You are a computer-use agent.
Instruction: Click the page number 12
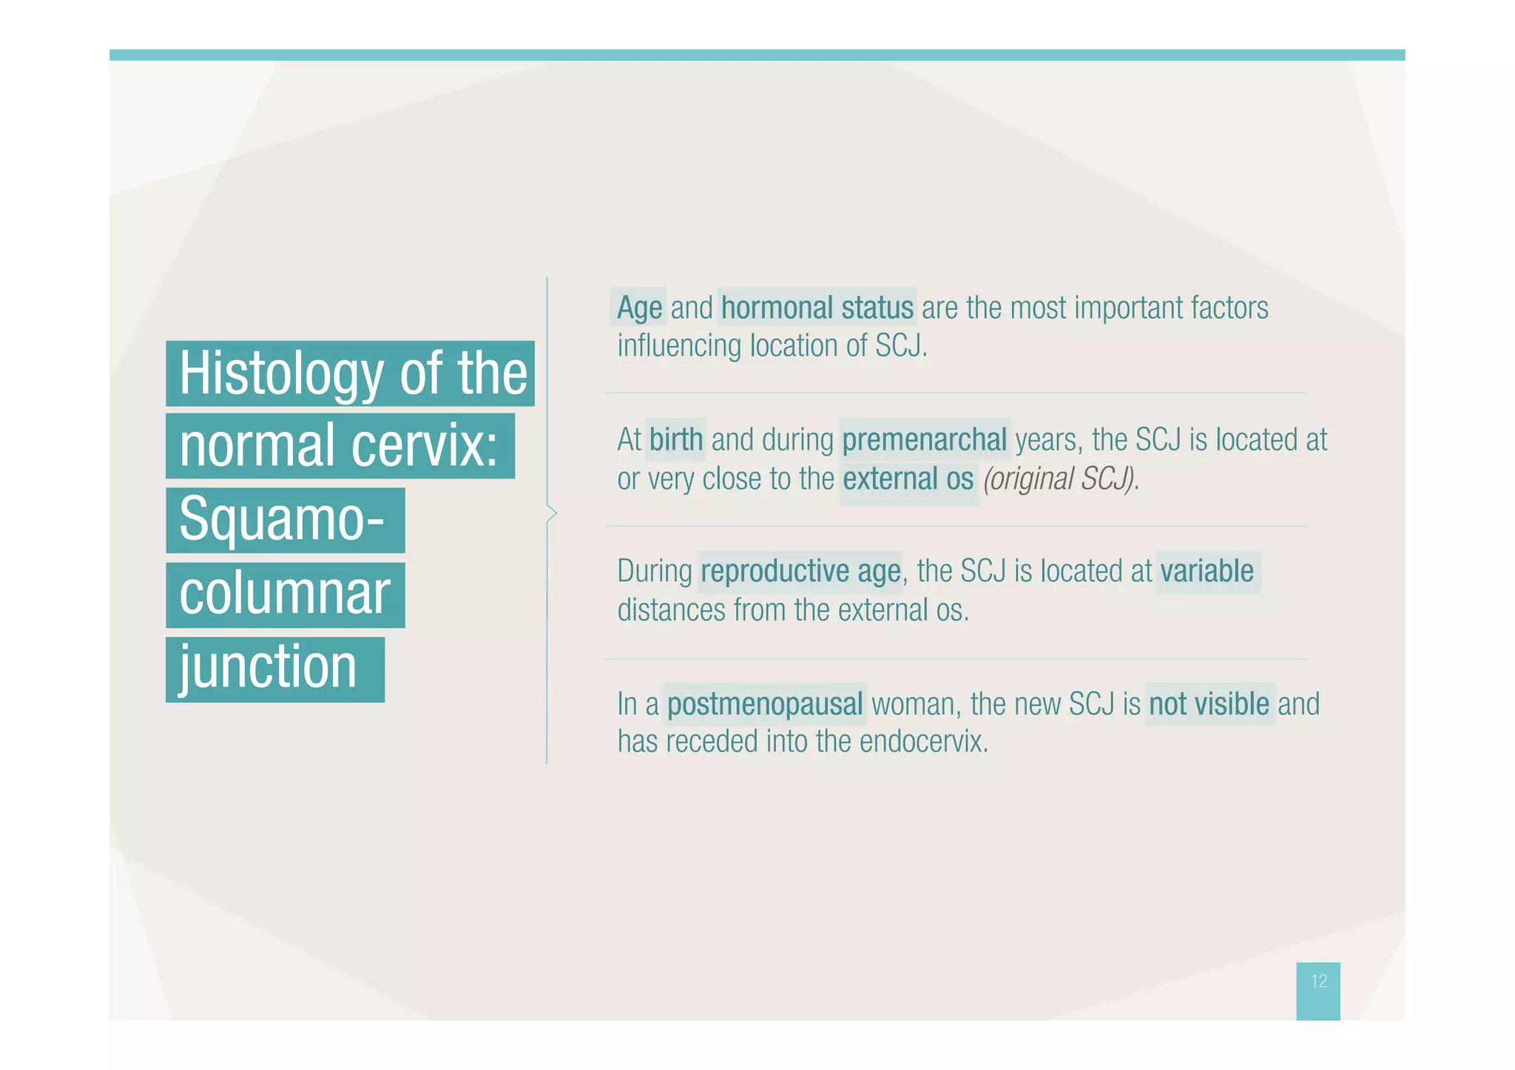point(1318,981)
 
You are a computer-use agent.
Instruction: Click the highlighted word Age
point(639,308)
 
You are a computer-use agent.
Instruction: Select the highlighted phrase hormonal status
point(817,308)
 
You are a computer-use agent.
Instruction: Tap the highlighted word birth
point(675,440)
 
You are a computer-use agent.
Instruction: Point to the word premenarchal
point(924,440)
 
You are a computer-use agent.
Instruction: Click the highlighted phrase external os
point(908,479)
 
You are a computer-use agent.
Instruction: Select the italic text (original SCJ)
point(1059,479)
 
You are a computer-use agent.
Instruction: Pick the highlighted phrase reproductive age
point(800,572)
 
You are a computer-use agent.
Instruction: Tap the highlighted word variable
point(1207,572)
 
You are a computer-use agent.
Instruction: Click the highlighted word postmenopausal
point(764,704)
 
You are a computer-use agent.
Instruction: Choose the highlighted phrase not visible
point(1209,704)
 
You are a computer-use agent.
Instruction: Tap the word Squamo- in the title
point(282,520)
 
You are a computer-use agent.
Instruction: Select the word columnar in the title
point(284,594)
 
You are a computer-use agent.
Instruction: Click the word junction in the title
point(268,668)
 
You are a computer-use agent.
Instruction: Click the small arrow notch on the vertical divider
point(551,512)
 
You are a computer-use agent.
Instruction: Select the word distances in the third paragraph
point(670,611)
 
